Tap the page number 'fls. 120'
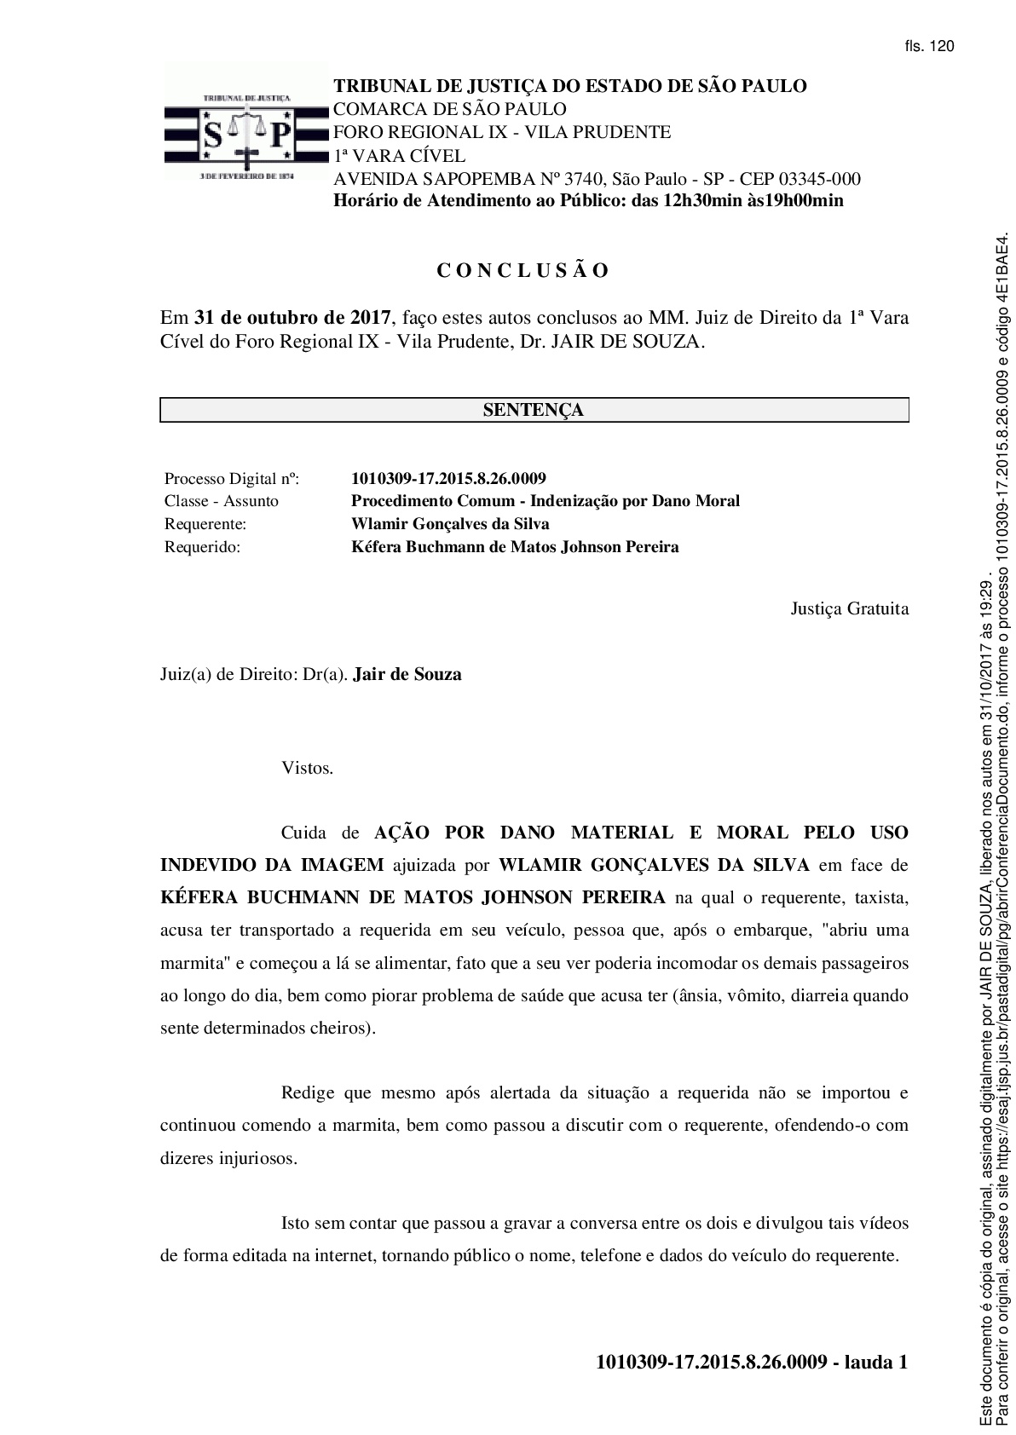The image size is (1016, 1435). click(929, 47)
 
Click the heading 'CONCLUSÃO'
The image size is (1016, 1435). click(523, 271)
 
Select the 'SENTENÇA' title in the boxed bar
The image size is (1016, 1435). click(534, 410)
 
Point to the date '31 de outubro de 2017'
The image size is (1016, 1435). click(293, 319)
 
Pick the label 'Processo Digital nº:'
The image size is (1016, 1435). click(232, 478)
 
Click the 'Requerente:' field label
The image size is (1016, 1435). click(205, 524)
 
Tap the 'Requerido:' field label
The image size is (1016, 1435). click(203, 547)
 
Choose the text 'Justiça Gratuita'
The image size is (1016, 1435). click(849, 608)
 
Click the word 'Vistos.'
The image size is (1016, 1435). click(308, 768)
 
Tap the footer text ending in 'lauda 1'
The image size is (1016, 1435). click(752, 1362)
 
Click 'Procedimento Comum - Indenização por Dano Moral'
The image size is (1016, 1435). click(546, 501)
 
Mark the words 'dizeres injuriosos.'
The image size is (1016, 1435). click(229, 1159)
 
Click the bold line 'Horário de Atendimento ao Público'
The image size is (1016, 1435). click(588, 201)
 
